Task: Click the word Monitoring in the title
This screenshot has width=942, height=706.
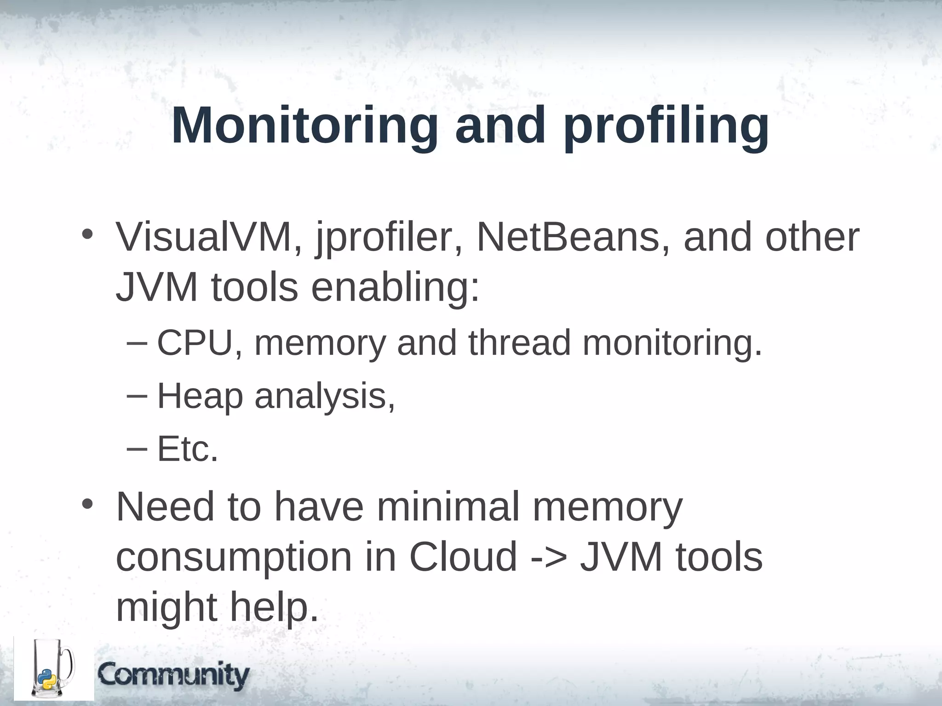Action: (304, 126)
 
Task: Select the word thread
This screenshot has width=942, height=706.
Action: (520, 343)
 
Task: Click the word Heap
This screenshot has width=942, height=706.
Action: (200, 397)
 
